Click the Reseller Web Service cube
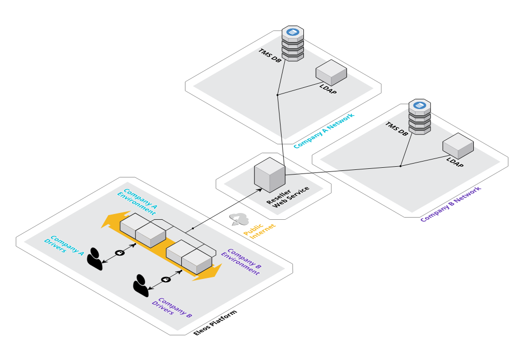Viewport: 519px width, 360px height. point(270,173)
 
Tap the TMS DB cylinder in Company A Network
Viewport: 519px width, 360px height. point(292,44)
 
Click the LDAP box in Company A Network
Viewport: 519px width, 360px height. point(331,72)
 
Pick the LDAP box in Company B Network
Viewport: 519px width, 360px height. point(458,145)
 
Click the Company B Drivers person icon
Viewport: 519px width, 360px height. point(141,285)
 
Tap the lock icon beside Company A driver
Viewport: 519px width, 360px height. point(119,252)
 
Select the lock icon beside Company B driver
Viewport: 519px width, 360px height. point(166,279)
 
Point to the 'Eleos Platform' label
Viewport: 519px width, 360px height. point(215,324)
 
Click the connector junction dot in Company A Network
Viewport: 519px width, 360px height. point(278,95)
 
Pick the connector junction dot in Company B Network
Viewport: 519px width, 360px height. point(401,166)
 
